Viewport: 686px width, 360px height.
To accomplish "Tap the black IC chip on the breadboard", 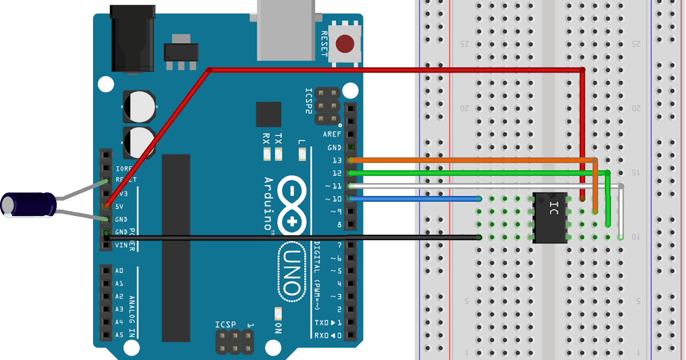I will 550,218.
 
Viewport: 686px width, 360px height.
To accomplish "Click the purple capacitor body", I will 29,205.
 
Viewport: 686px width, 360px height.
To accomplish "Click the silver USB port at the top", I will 286,29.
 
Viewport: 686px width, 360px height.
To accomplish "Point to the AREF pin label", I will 332,134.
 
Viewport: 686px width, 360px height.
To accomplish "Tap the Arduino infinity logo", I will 292,206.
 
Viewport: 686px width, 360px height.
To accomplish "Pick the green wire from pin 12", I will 469,173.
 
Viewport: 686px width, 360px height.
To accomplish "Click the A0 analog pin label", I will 119,271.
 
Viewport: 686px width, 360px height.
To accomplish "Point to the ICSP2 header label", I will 309,102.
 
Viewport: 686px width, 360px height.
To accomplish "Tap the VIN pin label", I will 121,245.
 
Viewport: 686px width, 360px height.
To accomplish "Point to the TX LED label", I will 278,139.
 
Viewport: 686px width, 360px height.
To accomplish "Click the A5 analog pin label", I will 119,335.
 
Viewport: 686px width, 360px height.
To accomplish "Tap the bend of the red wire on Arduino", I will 209,70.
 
